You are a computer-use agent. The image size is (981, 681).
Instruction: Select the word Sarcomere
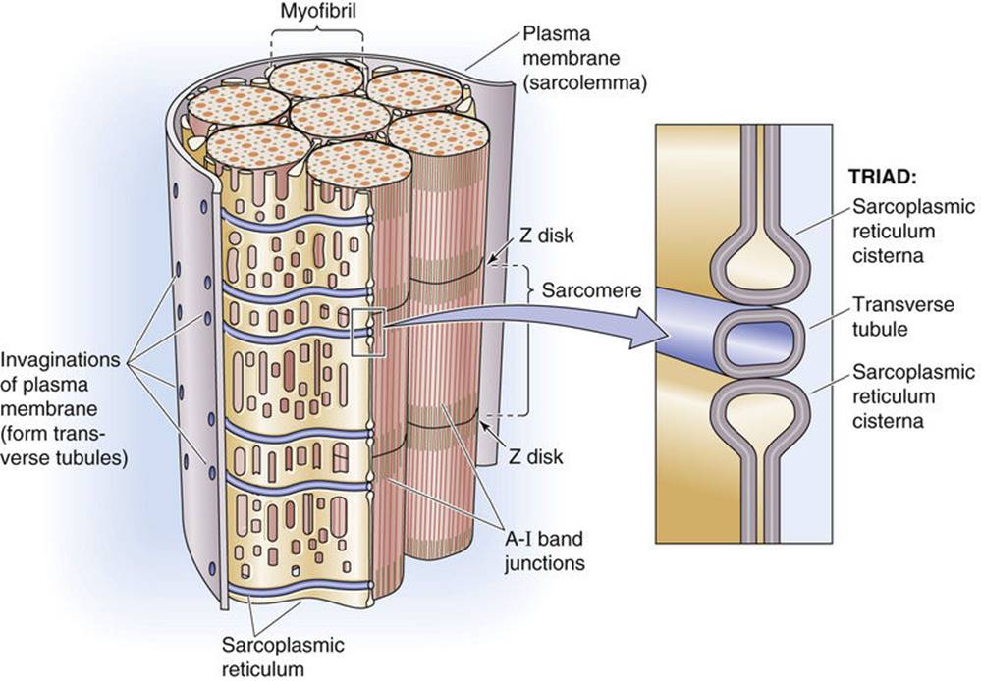591,290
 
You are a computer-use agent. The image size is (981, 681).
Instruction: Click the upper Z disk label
546,236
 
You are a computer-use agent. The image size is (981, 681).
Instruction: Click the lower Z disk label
535,456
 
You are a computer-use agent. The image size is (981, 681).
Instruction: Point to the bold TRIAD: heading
882,177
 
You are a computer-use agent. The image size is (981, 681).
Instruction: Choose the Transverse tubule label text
903,316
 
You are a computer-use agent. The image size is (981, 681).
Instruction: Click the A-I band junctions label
544,550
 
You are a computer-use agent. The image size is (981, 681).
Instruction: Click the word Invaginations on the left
60,360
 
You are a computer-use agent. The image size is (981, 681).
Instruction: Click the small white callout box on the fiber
368,333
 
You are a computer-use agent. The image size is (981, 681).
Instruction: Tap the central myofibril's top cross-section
340,118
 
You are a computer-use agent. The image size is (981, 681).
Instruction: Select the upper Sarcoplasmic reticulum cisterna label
913,231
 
